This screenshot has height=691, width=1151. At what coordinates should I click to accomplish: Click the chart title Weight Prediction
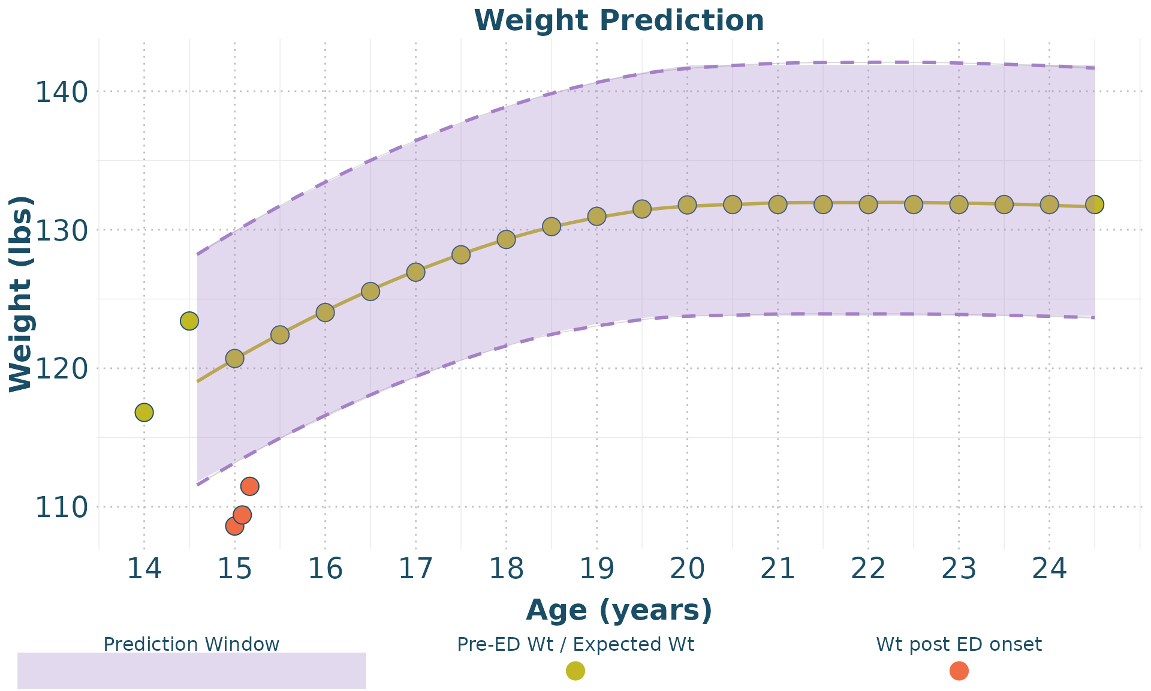(619, 20)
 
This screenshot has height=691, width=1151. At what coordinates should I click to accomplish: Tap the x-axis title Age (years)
(619, 610)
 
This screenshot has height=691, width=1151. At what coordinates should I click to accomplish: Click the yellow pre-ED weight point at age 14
(144, 413)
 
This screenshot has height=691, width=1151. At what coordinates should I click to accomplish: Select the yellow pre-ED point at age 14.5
(189, 321)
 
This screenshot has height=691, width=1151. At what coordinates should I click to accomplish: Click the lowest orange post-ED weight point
(234, 526)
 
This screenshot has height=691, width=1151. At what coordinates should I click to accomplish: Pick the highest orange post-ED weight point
(249, 486)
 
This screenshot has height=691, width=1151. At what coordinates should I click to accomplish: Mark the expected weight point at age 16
(325, 313)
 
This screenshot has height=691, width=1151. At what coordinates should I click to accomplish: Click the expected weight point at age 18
(507, 239)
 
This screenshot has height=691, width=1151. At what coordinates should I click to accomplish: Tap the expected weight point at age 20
(687, 205)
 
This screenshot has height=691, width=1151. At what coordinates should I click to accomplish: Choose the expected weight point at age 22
(868, 205)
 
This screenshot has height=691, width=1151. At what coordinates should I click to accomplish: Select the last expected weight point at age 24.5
(1095, 205)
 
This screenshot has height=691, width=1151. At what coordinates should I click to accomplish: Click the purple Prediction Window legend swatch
(192, 670)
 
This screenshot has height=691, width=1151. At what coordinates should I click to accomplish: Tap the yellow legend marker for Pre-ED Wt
(575, 671)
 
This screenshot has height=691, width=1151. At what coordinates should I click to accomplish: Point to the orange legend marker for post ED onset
(959, 671)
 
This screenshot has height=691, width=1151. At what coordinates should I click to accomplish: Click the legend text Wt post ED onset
(959, 645)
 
